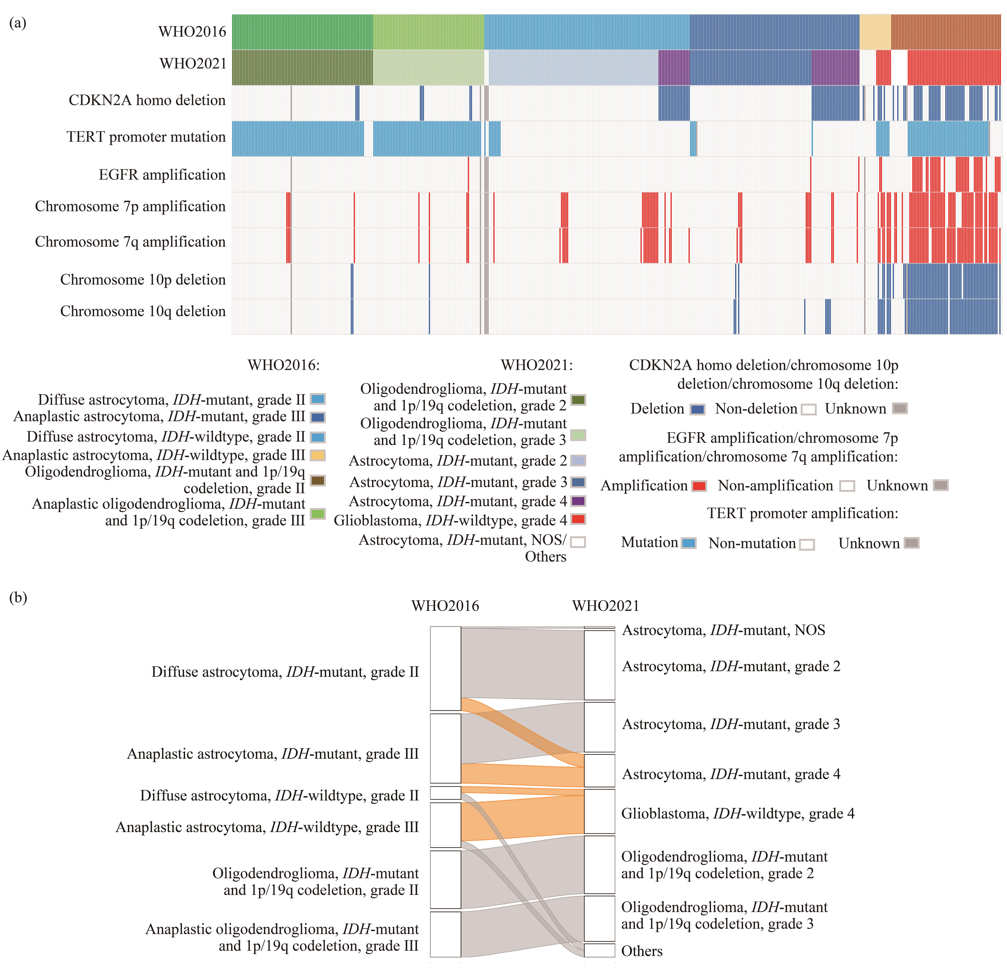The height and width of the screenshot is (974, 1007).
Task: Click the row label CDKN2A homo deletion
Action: (x=147, y=100)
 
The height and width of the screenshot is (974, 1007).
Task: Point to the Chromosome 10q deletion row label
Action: (x=143, y=311)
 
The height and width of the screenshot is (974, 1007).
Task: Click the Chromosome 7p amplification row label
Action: (x=130, y=206)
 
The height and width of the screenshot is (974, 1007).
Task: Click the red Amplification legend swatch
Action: (x=699, y=486)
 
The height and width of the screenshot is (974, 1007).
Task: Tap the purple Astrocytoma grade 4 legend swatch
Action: (x=578, y=501)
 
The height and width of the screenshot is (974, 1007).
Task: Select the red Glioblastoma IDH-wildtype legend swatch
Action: (x=578, y=519)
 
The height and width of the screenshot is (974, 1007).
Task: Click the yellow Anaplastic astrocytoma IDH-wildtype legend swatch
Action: (x=318, y=455)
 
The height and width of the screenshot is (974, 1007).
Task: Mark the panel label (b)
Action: (x=18, y=597)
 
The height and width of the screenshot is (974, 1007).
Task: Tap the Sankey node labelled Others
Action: (x=600, y=950)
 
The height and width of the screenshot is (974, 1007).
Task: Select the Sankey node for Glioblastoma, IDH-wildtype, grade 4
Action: (x=600, y=812)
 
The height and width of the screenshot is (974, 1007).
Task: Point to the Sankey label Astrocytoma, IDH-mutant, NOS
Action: (x=723, y=630)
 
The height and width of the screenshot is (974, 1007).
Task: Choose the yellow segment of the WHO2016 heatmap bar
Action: (x=875, y=32)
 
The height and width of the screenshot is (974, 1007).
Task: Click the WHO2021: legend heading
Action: (x=537, y=365)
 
